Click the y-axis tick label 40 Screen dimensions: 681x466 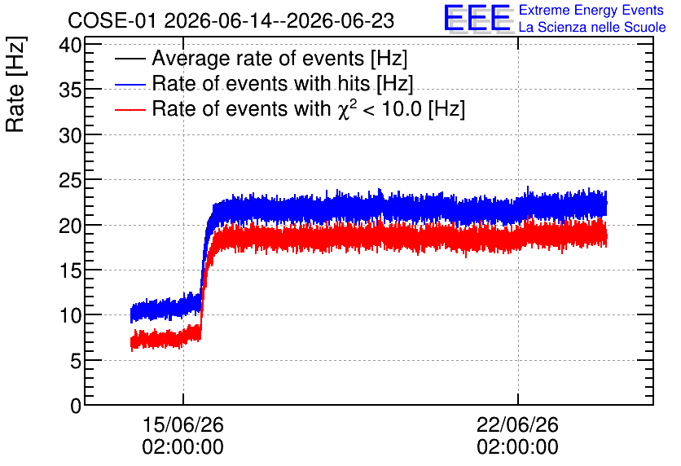(x=70, y=45)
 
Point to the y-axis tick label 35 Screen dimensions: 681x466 (x=70, y=90)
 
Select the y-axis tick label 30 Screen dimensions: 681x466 (x=70, y=135)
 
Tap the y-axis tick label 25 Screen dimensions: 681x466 (x=70, y=180)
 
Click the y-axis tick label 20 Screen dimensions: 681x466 (x=70, y=226)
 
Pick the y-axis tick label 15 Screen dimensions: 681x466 (x=70, y=270)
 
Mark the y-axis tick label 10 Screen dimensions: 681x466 (x=70, y=316)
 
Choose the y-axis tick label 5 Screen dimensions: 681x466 (x=76, y=361)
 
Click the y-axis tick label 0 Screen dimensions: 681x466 (x=76, y=406)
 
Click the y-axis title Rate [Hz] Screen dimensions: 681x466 (x=15, y=84)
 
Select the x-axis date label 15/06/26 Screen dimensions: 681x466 (x=182, y=424)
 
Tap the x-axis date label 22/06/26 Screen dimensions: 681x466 (x=517, y=424)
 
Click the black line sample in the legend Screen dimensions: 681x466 (x=130, y=59)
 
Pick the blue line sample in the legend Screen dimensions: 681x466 (x=130, y=84)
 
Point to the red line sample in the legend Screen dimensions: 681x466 (x=130, y=109)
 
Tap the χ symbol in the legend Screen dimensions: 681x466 (x=343, y=110)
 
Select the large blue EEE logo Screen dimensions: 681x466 (x=478, y=18)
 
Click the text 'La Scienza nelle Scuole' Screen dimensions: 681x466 (x=592, y=27)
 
